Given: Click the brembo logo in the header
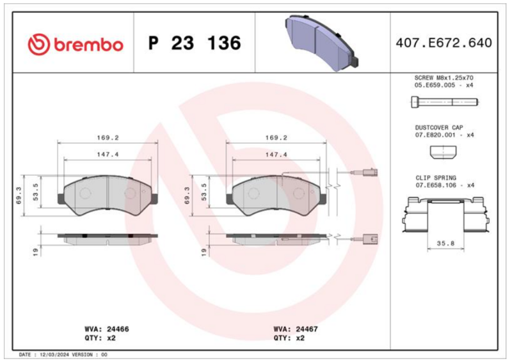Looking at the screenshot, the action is (x=76, y=43).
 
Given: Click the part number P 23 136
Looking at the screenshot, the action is (x=195, y=43).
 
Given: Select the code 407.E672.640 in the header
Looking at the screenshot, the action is (x=444, y=43).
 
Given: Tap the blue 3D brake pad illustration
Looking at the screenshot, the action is (x=322, y=42).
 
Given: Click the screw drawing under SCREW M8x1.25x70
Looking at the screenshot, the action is (x=444, y=102).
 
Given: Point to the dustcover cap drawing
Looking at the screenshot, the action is (x=443, y=152).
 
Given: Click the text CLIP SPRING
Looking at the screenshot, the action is (x=436, y=178).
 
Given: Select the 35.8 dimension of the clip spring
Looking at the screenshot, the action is (x=445, y=244).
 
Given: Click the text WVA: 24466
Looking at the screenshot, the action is (x=107, y=329).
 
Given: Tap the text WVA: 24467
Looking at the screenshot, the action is (x=296, y=329).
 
